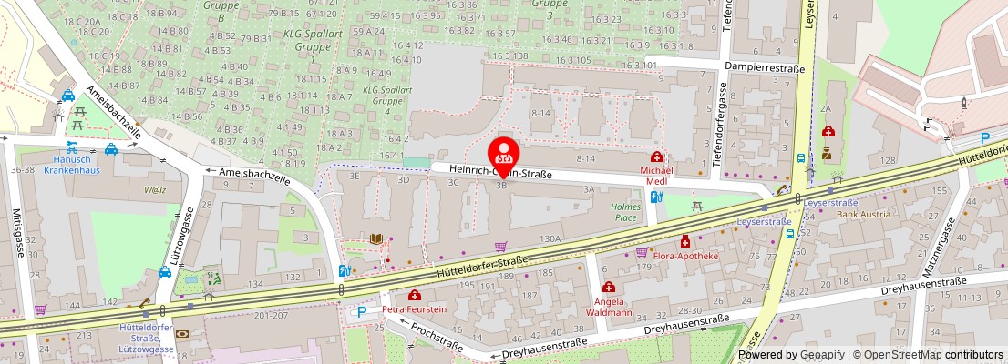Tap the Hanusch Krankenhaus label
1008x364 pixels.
pyautogui.click(x=72, y=163)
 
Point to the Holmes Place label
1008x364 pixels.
pyautogui.click(x=625, y=212)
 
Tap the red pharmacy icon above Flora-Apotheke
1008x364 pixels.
pyautogui.click(x=684, y=241)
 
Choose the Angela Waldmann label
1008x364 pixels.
pyautogui.click(x=609, y=307)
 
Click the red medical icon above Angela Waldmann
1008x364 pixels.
pyautogui.click(x=609, y=288)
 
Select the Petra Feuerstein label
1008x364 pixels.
pyautogui.click(x=415, y=309)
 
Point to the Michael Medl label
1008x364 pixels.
pyautogui.click(x=656, y=175)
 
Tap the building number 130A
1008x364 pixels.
pyautogui.click(x=550, y=238)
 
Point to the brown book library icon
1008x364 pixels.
pyautogui.click(x=375, y=238)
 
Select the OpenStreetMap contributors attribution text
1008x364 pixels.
pyautogui.click(x=929, y=355)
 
